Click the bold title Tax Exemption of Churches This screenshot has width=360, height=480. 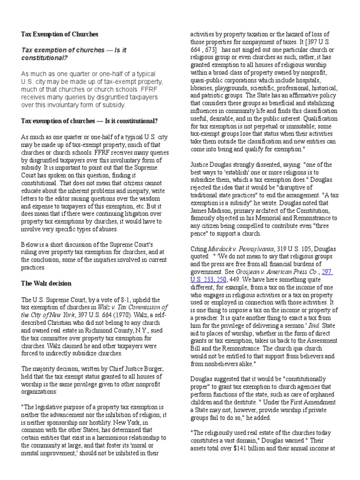pos(60,34)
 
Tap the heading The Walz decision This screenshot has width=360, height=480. pos(46,283)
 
